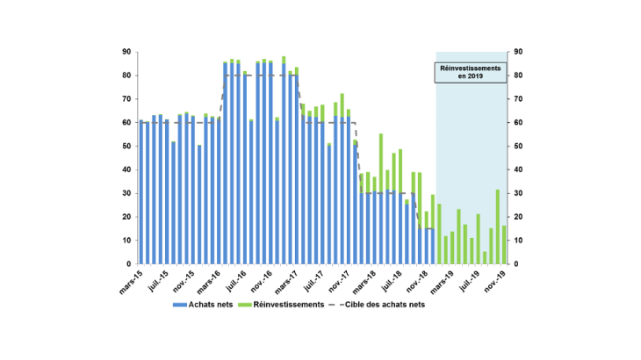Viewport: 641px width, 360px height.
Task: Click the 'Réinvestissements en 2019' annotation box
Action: pyautogui.click(x=472, y=72)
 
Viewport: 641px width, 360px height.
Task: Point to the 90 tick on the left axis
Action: pyautogui.click(x=127, y=52)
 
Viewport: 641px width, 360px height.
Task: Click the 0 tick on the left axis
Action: pyautogui.click(x=129, y=264)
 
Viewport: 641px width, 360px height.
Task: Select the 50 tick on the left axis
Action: pyautogui.click(x=127, y=146)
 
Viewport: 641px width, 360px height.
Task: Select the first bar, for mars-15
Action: pyautogui.click(x=141, y=192)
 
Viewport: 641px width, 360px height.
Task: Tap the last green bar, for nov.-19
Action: pyautogui.click(x=504, y=245)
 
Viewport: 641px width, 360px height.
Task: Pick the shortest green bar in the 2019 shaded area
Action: pyautogui.click(x=484, y=257)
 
